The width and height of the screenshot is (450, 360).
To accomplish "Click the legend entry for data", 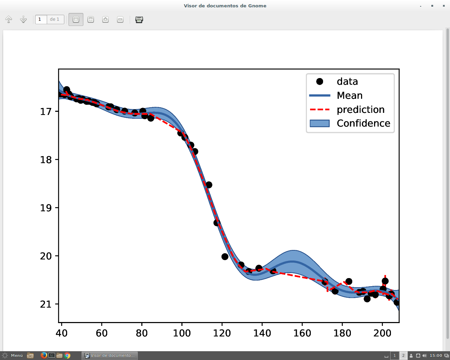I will coord(347,82).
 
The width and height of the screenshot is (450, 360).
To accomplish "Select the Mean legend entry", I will coord(349,96).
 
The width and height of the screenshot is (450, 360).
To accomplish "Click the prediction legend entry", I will coord(360,110).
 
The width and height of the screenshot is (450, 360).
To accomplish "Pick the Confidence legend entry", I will coord(363,123).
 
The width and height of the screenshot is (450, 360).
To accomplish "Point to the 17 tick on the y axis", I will coord(46,112).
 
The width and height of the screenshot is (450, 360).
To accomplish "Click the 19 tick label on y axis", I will coord(46,208).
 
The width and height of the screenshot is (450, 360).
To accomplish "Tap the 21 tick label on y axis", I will coord(46,304).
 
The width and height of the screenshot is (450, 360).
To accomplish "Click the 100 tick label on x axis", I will coord(182,333).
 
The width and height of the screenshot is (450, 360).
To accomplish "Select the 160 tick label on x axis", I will coord(302,333).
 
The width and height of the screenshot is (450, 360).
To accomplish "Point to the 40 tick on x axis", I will coord(62,333).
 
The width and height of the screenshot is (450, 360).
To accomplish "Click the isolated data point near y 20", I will coord(225,257).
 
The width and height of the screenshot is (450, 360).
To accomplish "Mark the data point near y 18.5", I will coord(209,185).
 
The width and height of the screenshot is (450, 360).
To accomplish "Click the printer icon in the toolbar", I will coord(139,20).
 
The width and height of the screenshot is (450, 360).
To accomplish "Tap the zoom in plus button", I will coord(105,20).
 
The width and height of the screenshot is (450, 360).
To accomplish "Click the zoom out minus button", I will coord(120,20).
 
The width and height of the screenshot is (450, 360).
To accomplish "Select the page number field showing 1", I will coord(41,19).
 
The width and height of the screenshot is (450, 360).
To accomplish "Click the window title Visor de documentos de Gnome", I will coord(225,6).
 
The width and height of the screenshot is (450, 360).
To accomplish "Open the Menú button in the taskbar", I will coord(13,355).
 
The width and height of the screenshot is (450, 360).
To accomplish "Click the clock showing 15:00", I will coord(436,355).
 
